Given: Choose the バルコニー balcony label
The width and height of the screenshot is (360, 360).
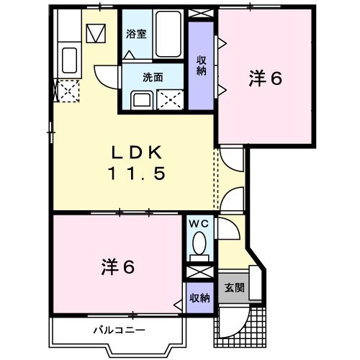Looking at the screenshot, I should (120, 330).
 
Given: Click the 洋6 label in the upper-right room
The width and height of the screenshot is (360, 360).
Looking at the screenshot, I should (266, 78).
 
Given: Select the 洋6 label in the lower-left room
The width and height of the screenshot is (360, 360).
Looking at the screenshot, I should (117, 266).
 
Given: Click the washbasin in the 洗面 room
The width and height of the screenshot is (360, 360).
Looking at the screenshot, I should (141, 101).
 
